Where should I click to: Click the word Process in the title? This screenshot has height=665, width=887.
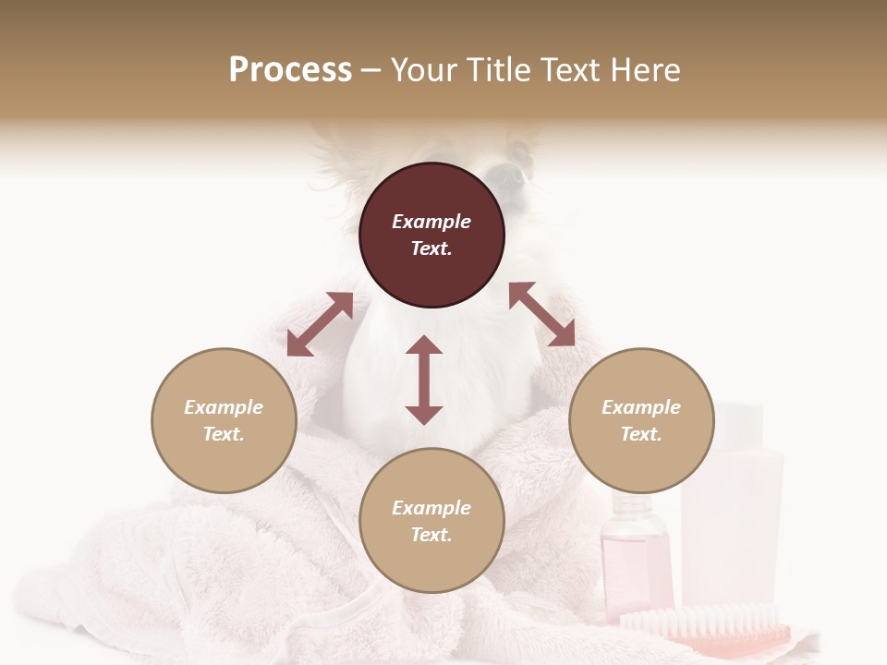290,70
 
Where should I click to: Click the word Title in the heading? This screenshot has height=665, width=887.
500,70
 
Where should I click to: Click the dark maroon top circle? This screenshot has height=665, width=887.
431,236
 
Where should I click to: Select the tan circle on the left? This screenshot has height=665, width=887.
224,420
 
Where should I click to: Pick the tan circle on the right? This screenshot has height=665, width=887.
641,420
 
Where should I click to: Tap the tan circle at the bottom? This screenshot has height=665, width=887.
431,521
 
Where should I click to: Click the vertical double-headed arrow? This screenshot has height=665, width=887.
424,380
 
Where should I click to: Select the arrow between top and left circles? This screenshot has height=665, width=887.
320,324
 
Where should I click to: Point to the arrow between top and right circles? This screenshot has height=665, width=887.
541,314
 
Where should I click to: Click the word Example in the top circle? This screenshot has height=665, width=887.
431,222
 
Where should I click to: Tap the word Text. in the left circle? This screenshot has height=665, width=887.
224,434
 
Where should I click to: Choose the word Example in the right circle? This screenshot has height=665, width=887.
641,407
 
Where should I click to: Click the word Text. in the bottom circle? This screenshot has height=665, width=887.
431,535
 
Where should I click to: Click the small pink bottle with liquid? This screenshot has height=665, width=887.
636,554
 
